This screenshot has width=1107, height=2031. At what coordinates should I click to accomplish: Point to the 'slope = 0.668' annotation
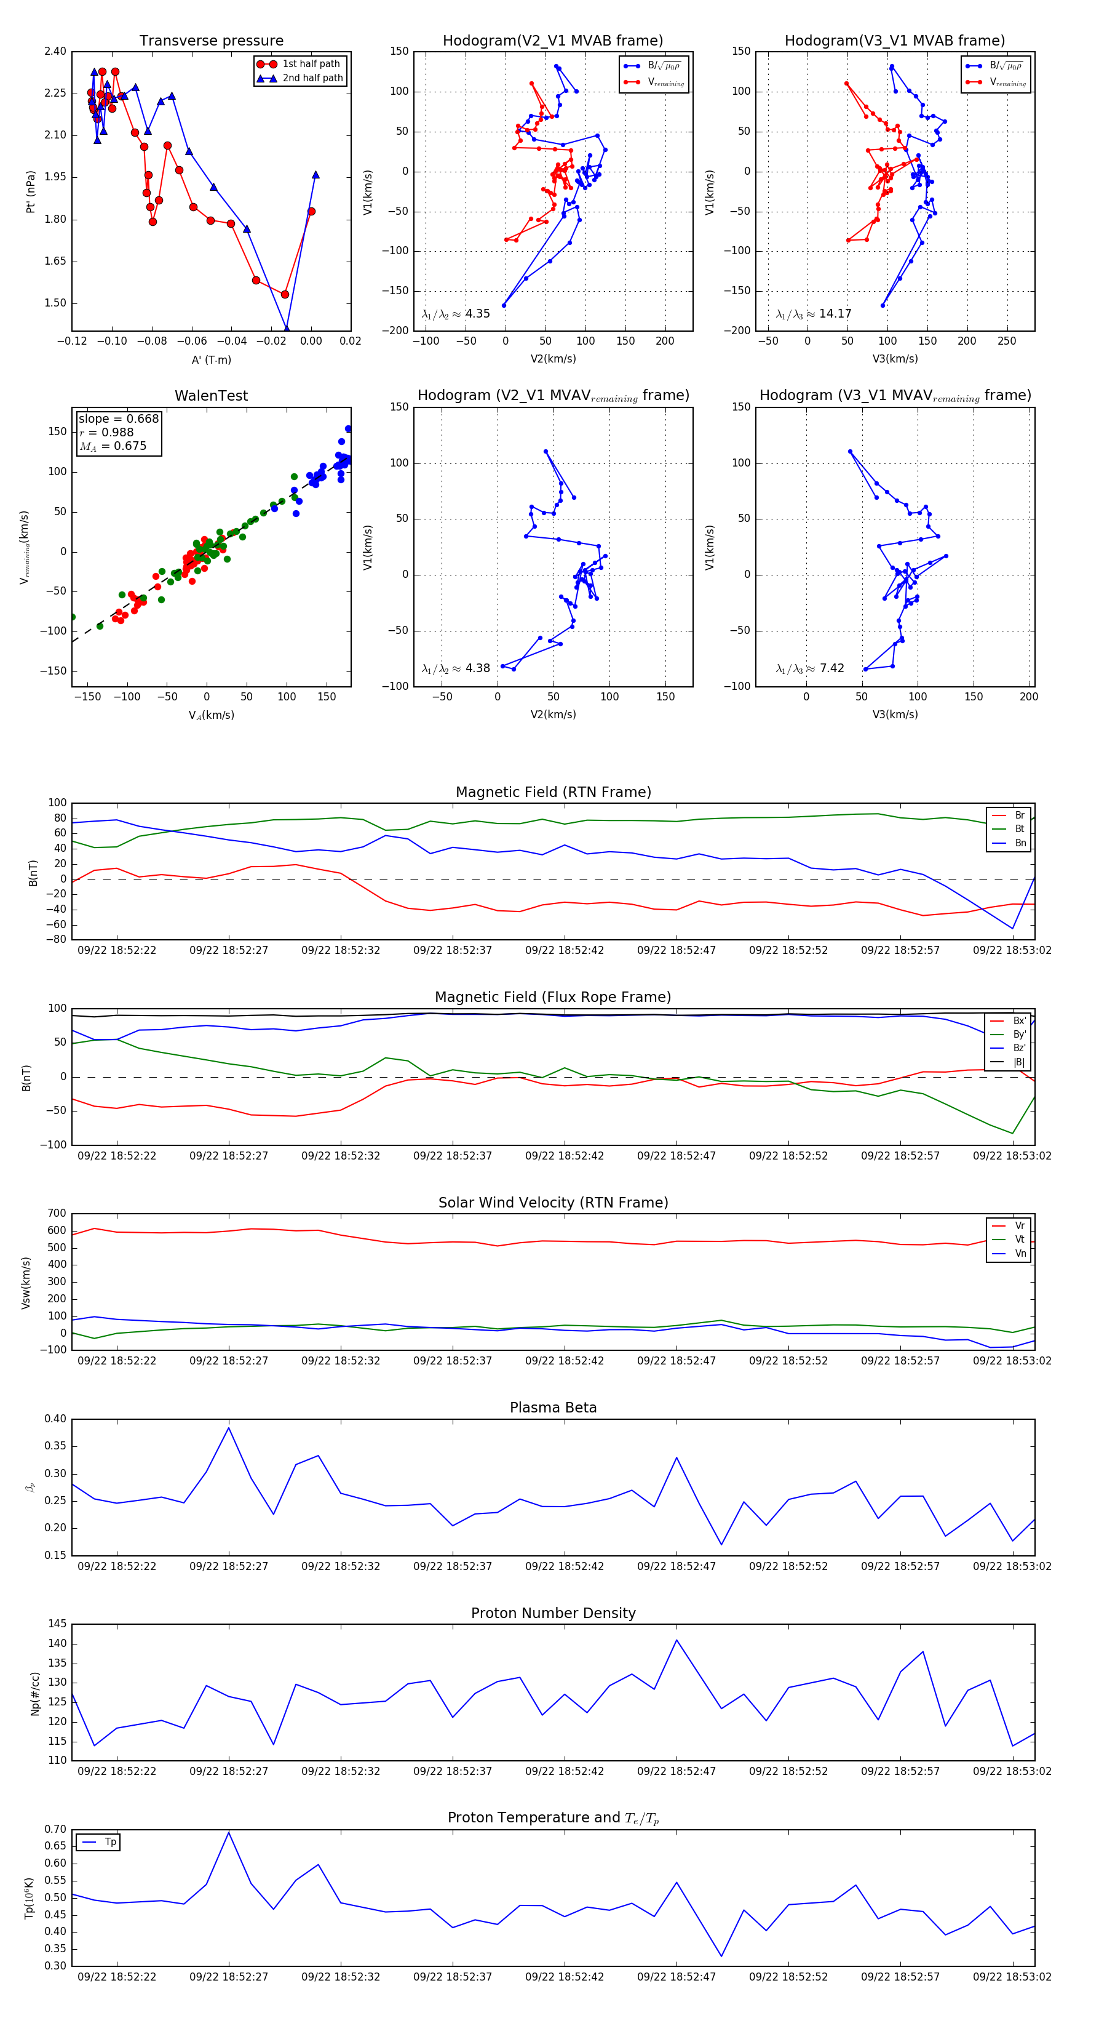118,419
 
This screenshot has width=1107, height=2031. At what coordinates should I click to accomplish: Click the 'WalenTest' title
211,396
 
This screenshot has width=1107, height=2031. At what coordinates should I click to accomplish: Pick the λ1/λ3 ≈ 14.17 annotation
813,314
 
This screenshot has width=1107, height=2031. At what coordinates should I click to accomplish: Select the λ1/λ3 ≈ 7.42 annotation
809,668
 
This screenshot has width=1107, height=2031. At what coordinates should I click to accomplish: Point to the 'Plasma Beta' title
553,1408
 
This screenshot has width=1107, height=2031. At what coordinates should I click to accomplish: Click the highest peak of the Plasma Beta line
229,1428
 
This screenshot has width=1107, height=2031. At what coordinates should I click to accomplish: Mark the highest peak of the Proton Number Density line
676,1641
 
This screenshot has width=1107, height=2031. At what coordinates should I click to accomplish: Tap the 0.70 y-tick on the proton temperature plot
55,1829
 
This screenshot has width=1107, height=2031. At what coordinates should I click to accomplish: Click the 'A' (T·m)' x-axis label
211,360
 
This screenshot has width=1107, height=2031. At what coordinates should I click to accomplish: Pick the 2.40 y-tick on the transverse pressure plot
55,51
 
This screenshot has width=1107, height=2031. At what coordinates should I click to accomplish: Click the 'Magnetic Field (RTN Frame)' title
553,792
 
